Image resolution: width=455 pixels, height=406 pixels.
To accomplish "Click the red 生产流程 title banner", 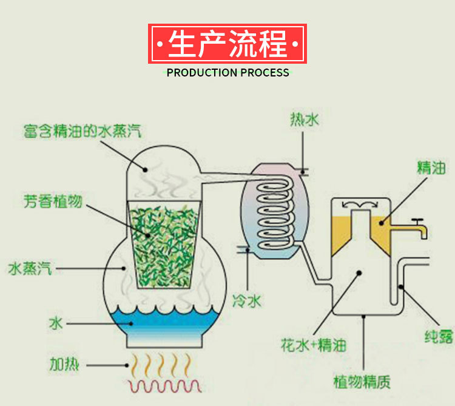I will [x=227, y=44].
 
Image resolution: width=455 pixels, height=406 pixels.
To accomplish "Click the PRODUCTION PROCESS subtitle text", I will [x=227, y=73].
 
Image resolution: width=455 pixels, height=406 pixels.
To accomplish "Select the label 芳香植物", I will [x=53, y=201].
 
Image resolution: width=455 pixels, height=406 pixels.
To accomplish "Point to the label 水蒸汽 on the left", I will [x=30, y=268].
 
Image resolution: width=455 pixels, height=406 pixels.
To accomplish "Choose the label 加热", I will [x=65, y=365].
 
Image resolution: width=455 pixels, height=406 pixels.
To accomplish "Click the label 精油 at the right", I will [x=431, y=168].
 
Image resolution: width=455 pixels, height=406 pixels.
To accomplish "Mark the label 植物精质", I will [x=362, y=382].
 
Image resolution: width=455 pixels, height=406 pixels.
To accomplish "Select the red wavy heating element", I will [x=164, y=385].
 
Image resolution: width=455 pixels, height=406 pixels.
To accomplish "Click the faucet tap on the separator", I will [x=419, y=228].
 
